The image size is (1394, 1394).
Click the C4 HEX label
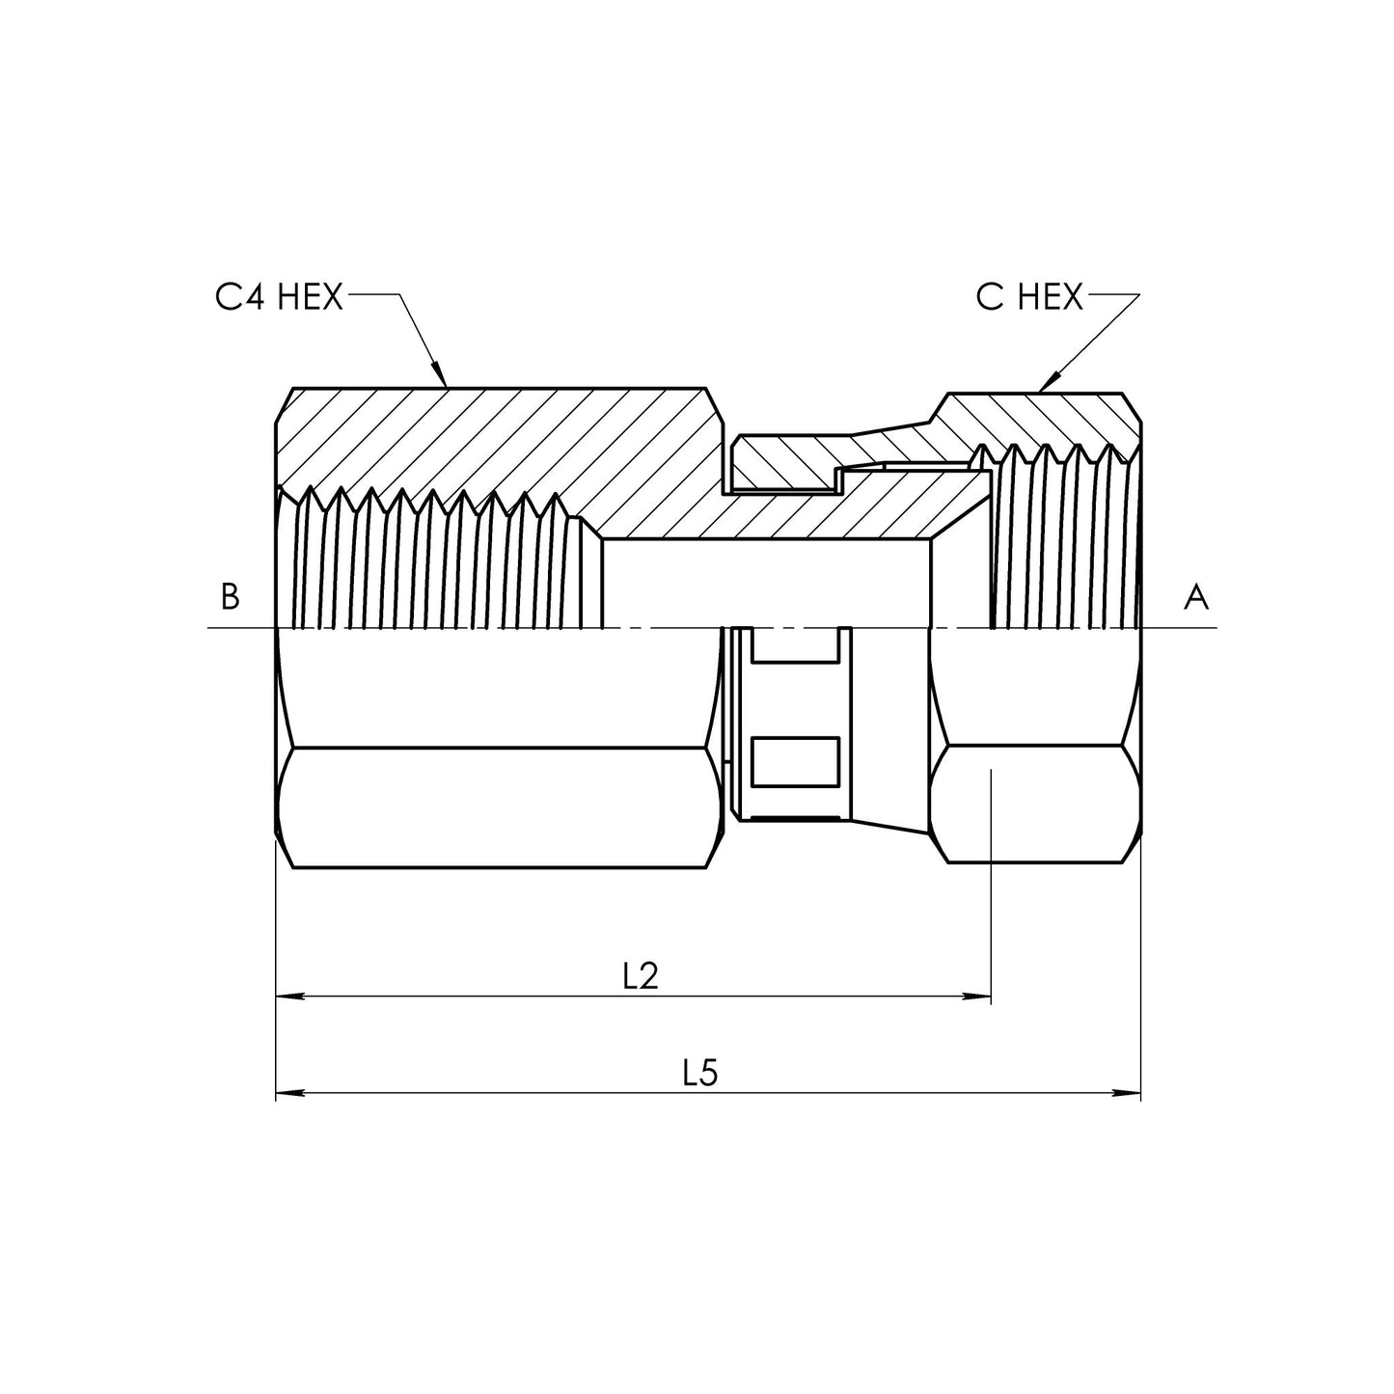point(279,298)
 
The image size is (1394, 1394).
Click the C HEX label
point(1029,298)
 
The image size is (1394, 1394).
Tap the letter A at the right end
point(1195,598)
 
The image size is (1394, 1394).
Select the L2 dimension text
point(640,976)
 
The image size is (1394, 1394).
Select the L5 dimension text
point(701,1073)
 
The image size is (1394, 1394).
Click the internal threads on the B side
point(434,560)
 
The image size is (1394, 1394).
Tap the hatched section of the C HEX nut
point(1042,420)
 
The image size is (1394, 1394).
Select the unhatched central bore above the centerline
point(767,584)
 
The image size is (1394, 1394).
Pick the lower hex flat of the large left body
point(497,807)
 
